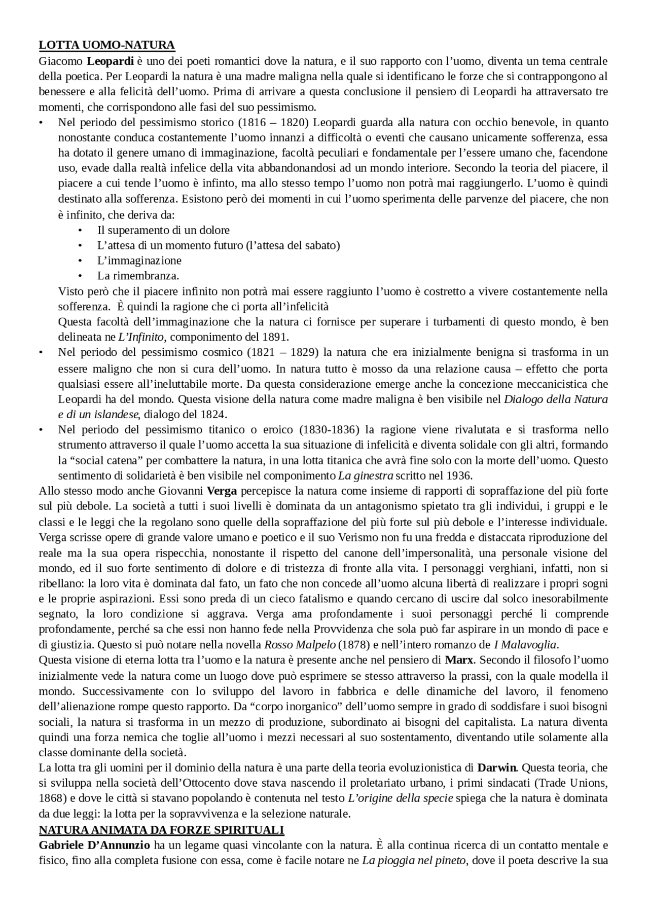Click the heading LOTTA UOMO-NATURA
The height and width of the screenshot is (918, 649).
106,45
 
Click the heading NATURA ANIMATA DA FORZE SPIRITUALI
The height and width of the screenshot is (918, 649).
161,830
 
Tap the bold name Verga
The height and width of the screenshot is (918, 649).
222,491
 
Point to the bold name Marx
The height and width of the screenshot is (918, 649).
459,660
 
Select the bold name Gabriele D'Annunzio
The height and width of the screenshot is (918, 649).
94,845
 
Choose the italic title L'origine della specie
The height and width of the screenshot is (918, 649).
401,798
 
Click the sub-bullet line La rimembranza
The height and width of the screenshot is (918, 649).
138,276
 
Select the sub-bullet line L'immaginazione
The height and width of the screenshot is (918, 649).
139,261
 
